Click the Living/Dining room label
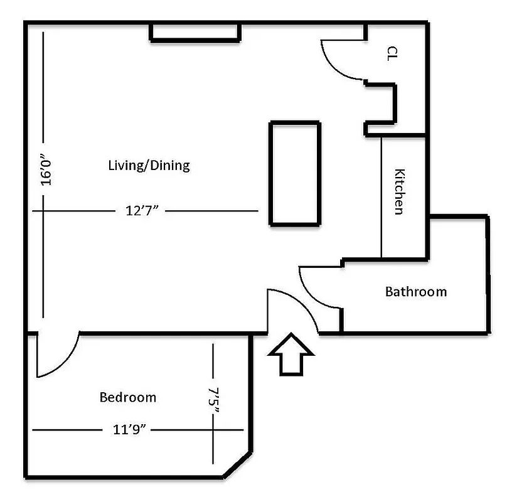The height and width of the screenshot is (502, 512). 149,166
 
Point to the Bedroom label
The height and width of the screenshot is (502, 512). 128,397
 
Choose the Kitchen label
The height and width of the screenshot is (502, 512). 398,191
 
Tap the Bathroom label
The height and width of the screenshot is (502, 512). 416,291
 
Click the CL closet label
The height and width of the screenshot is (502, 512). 393,53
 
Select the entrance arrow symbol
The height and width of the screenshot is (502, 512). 291,355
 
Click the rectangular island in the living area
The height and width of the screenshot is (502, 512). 295,173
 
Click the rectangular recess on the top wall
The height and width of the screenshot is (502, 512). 195,33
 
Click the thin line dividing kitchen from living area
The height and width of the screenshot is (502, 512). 382,198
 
